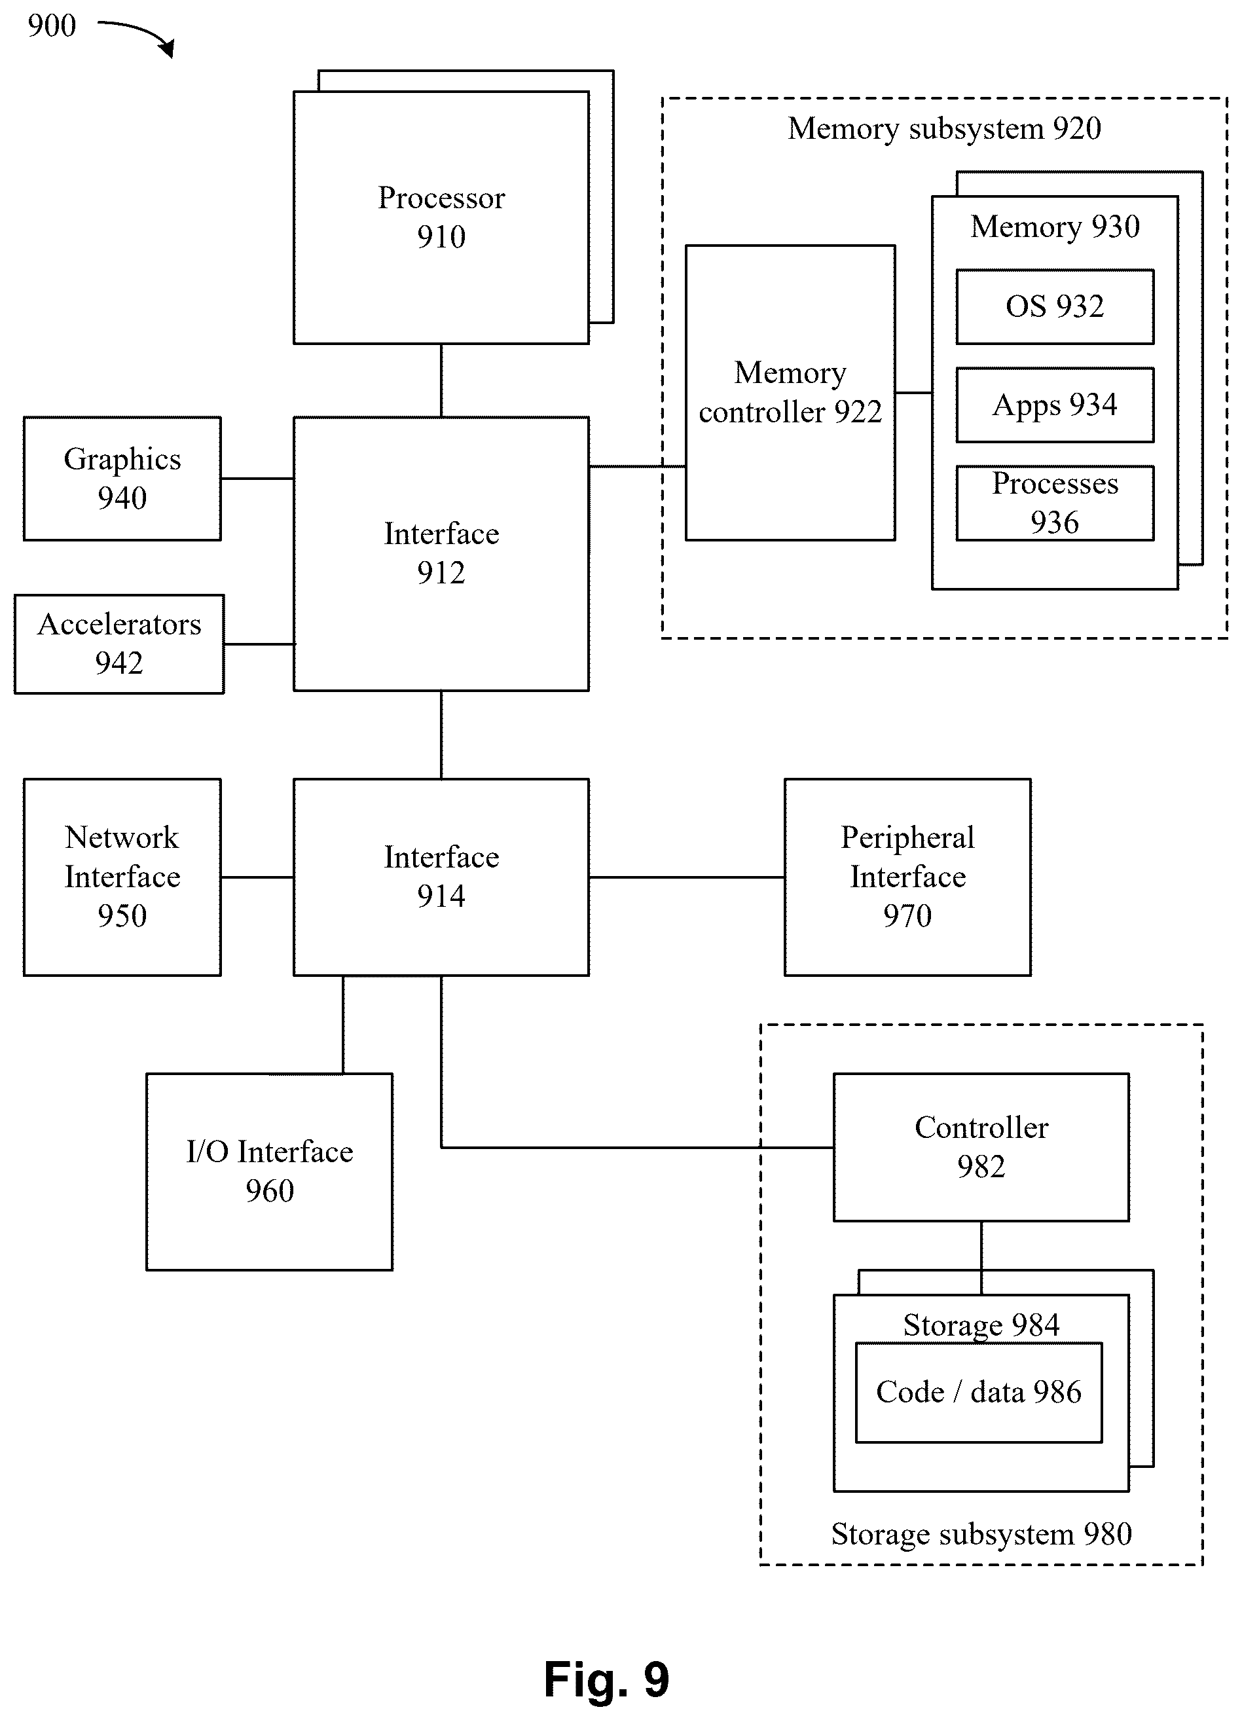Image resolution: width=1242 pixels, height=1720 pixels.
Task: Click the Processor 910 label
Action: click(441, 217)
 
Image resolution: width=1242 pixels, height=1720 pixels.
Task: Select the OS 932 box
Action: click(1055, 306)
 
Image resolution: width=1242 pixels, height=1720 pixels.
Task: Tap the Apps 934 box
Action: click(1055, 405)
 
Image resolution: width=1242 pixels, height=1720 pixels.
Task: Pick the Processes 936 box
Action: click(1055, 503)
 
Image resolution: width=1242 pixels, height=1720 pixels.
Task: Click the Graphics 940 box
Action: click(122, 479)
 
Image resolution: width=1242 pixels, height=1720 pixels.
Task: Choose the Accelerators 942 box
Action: click(119, 644)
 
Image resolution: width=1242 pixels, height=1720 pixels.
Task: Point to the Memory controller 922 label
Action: click(790, 392)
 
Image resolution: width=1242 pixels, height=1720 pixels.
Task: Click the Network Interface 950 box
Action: click(122, 877)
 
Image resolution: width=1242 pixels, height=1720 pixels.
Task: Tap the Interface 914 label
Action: click(441, 877)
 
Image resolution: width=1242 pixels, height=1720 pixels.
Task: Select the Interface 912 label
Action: click(441, 553)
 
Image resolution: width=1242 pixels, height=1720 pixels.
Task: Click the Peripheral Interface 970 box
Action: click(907, 877)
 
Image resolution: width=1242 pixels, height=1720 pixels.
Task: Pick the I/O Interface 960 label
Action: click(270, 1171)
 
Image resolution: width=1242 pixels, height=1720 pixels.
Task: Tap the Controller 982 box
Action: click(981, 1146)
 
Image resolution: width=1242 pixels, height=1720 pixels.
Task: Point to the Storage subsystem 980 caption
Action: click(981, 1533)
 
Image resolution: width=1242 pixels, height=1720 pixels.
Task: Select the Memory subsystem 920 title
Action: click(945, 129)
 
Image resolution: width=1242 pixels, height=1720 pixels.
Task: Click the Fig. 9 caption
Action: click(606, 1679)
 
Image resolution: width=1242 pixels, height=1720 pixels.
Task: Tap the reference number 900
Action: click(52, 26)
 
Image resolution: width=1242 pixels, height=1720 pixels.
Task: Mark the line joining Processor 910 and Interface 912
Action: click(441, 380)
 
